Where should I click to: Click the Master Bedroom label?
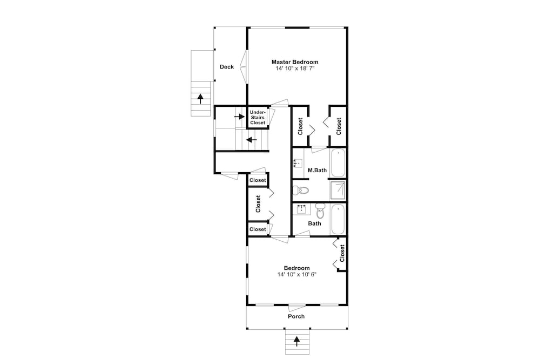click(295, 62)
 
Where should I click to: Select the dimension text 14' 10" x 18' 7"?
click(295, 69)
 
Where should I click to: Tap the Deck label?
click(227, 67)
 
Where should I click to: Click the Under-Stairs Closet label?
click(258, 117)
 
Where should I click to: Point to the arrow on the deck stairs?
click(200, 98)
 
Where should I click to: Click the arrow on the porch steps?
click(296, 341)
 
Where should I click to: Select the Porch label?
click(296, 316)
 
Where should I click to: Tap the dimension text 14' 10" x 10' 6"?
click(297, 274)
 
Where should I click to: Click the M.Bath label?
click(317, 170)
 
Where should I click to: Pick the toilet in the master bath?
click(300, 190)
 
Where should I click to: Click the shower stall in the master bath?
click(337, 191)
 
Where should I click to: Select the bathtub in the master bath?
click(338, 162)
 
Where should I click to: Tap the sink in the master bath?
click(298, 163)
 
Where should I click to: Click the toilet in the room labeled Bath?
click(320, 210)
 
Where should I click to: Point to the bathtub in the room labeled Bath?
click(337, 219)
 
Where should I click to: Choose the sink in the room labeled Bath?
click(302, 208)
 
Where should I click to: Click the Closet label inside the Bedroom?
click(342, 253)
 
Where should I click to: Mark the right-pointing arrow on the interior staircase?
click(239, 117)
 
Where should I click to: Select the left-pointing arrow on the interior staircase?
click(252, 140)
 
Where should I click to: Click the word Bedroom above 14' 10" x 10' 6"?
click(297, 268)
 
